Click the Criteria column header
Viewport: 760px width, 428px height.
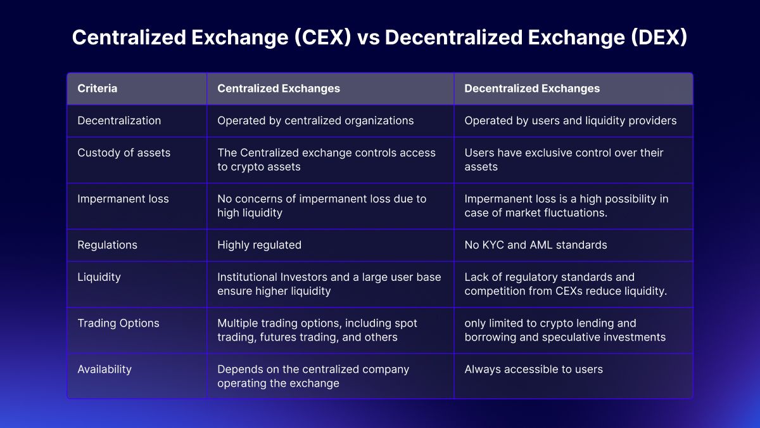pyautogui.click(x=97, y=88)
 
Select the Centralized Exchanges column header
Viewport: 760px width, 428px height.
pyautogui.click(x=279, y=88)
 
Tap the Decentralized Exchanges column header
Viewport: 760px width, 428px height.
pyautogui.click(x=532, y=88)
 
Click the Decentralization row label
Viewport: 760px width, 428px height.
pyautogui.click(x=119, y=120)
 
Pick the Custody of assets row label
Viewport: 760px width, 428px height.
pyautogui.click(x=124, y=153)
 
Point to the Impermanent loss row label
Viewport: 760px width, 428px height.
pyautogui.click(x=123, y=199)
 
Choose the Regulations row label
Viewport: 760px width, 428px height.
pyautogui.click(x=107, y=245)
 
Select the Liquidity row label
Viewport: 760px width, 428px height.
pyautogui.click(x=99, y=277)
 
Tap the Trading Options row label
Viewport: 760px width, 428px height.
pyautogui.click(x=118, y=323)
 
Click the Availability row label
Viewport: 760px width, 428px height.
pyautogui.click(x=104, y=369)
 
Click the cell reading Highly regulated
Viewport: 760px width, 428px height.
pyautogui.click(x=259, y=245)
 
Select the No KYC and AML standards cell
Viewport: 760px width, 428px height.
pyautogui.click(x=536, y=245)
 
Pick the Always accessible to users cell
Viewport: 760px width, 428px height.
pyautogui.click(x=534, y=369)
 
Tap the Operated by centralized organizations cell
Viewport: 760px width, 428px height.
pyautogui.click(x=315, y=120)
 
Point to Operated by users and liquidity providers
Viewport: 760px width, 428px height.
pyautogui.click(x=571, y=120)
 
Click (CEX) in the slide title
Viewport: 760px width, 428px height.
pyautogui.click(x=322, y=37)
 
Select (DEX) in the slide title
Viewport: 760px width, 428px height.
pyautogui.click(x=659, y=37)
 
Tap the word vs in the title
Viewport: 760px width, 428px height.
pyautogui.click(x=368, y=37)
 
